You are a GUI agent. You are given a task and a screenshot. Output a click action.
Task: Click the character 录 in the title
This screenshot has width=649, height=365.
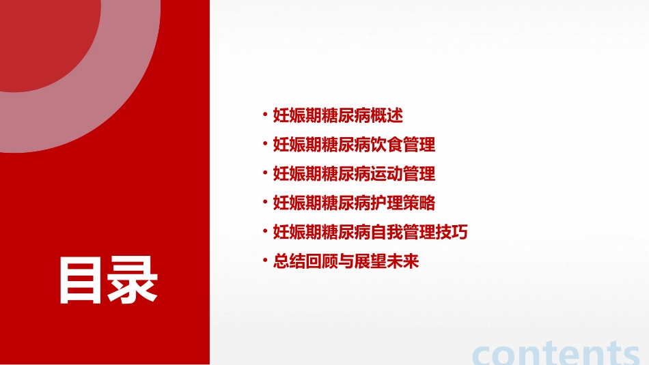[x=133, y=279]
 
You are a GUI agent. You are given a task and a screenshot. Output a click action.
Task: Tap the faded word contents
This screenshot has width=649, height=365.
[x=556, y=353]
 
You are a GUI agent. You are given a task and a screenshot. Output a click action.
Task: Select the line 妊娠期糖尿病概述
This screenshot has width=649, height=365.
[x=338, y=115]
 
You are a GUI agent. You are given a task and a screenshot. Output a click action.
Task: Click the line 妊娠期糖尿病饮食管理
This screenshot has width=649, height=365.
[x=354, y=145]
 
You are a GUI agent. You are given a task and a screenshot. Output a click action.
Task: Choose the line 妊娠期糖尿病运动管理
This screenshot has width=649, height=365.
[x=354, y=174]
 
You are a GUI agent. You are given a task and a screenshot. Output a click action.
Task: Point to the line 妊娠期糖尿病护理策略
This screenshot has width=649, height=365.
[x=354, y=203]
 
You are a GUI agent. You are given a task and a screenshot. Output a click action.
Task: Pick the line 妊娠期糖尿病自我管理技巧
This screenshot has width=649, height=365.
[x=370, y=233]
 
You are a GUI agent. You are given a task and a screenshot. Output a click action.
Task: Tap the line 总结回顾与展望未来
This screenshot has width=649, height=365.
[x=346, y=262]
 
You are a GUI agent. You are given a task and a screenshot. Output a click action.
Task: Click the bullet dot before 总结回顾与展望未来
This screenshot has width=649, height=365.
[x=265, y=261]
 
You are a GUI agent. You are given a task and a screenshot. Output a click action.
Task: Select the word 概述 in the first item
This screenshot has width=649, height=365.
[x=387, y=115]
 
